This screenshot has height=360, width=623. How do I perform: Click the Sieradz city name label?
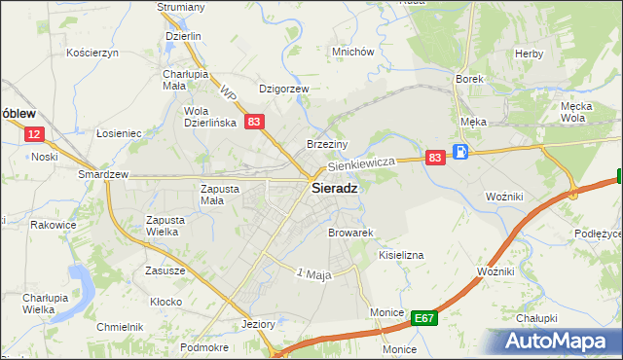click(x=333, y=190)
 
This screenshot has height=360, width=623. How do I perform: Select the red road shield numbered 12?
click(x=34, y=134)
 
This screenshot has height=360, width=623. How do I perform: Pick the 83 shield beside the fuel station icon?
click(x=435, y=157)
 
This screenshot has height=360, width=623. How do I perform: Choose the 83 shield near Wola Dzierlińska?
click(x=253, y=122)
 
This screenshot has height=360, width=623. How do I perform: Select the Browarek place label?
click(x=351, y=234)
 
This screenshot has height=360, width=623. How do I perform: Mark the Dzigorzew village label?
click(x=283, y=89)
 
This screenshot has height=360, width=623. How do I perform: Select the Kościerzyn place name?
click(x=92, y=52)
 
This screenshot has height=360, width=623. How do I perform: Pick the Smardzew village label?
click(x=104, y=175)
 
